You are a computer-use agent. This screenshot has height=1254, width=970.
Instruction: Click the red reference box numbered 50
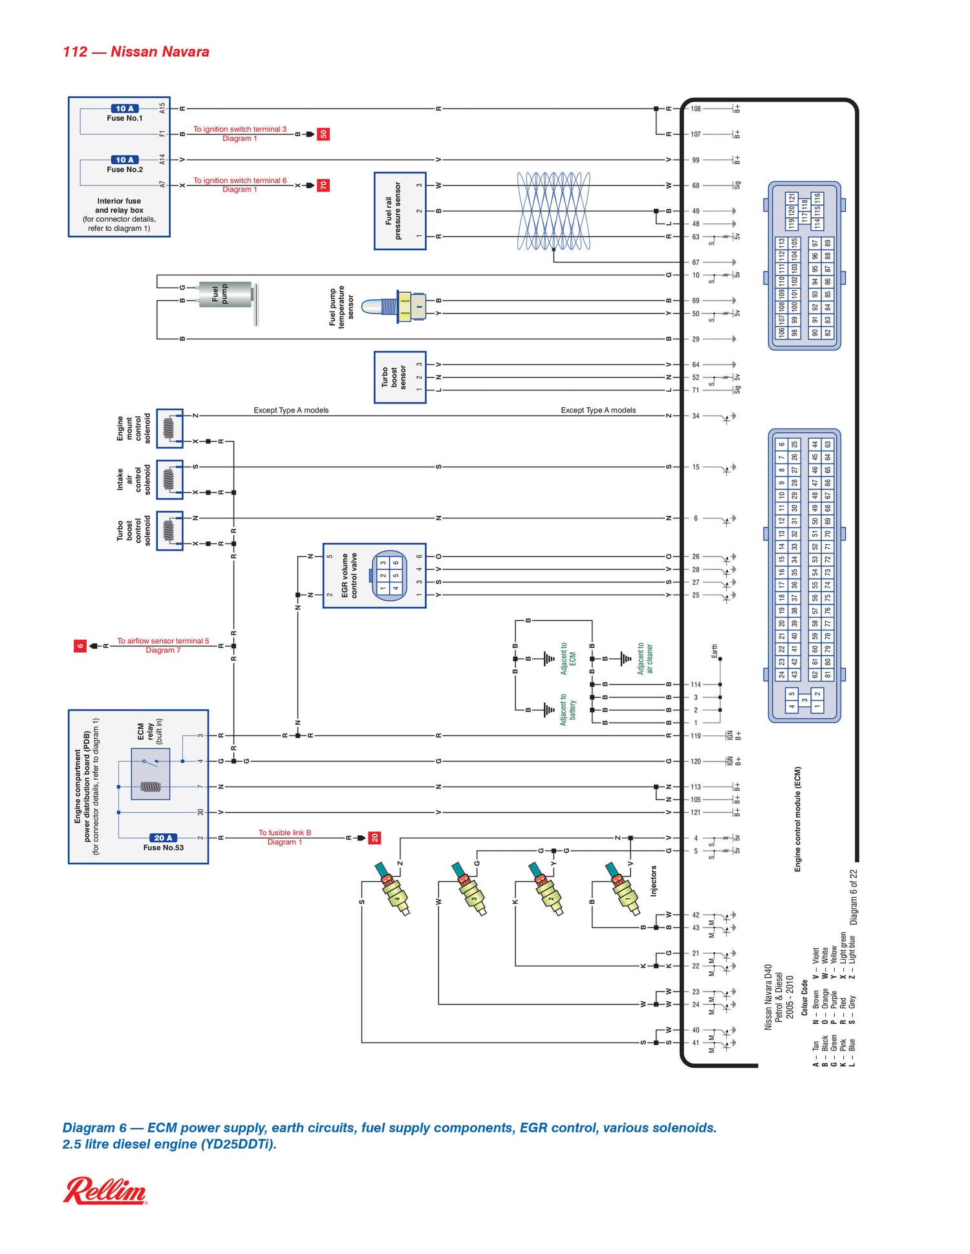coord(323,134)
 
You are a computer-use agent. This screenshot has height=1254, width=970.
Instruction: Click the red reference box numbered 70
coord(323,186)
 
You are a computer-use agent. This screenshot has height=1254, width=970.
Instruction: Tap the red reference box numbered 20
coord(374,838)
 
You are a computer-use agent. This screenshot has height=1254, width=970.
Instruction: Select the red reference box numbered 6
coord(80,645)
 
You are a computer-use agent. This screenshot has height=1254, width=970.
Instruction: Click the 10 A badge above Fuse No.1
coord(124,109)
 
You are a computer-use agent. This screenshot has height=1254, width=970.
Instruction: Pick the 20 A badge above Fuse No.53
coord(162,838)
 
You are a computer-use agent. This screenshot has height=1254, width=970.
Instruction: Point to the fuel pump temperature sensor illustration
coord(395,306)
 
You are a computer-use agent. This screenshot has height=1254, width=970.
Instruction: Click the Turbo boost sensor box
coord(400,377)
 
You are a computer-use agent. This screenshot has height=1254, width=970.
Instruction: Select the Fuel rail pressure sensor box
coord(400,211)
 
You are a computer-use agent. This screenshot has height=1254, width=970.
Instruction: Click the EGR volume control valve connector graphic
coord(389,575)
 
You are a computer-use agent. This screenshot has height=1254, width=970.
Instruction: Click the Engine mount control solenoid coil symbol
coord(169,428)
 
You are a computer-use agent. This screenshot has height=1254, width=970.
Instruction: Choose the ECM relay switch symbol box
coord(150,774)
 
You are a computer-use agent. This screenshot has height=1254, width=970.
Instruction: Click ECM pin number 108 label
coord(696,109)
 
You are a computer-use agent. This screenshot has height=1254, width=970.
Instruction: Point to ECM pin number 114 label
coord(696,684)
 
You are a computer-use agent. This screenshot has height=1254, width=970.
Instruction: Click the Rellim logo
coord(105,1191)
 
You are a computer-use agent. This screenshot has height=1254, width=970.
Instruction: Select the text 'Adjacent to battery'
coord(568,710)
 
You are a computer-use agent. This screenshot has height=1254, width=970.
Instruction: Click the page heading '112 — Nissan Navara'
coord(136,52)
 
